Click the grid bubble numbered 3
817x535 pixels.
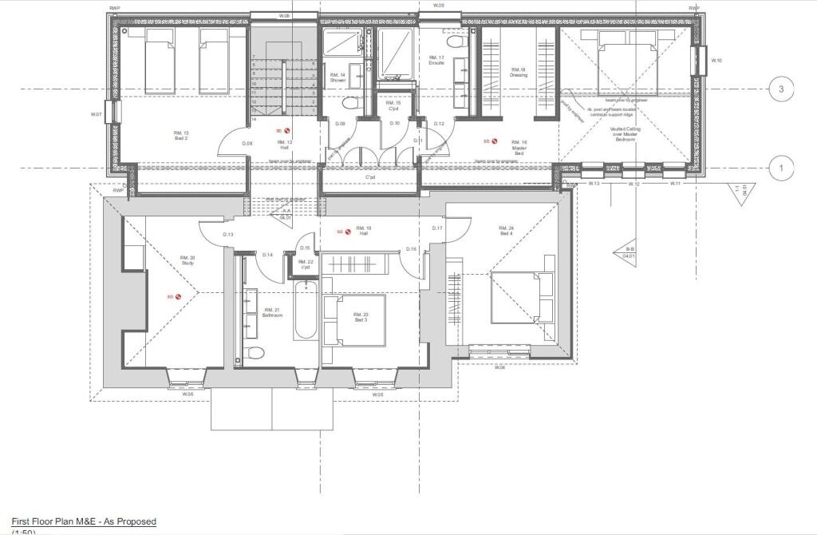(781, 89)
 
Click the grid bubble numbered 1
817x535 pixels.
(781, 168)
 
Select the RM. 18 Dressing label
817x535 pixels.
(519, 73)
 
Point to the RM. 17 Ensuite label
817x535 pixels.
(436, 60)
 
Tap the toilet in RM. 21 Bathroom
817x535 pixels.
(255, 352)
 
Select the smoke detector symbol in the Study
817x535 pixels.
(178, 297)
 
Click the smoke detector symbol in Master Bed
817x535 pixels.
(495, 141)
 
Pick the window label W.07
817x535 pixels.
(97, 115)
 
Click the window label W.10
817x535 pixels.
(716, 61)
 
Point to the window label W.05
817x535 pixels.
(378, 394)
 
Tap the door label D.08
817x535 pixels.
(247, 144)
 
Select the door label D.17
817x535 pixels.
(437, 229)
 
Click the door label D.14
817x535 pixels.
(267, 255)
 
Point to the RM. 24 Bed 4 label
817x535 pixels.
(507, 231)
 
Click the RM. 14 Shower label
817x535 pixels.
(337, 77)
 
